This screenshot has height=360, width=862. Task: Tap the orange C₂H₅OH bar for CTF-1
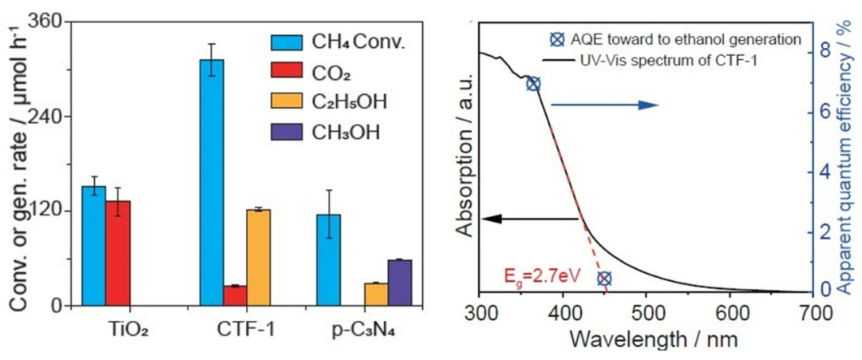click(259, 257)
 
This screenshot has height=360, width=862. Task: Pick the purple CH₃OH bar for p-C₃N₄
click(400, 283)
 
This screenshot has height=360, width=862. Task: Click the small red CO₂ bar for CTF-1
click(235, 295)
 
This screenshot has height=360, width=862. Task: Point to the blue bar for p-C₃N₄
click(328, 259)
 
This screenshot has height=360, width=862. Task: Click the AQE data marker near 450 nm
click(604, 279)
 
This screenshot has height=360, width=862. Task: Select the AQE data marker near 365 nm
click(534, 84)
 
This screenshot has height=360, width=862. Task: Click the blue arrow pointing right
click(603, 105)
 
